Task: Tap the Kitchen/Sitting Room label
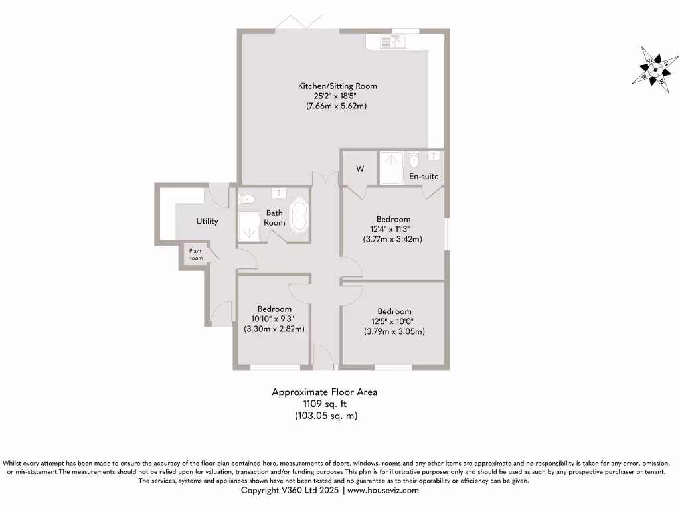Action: pos(337,86)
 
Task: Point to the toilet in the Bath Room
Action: pos(246,198)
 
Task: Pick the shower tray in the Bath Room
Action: pos(250,228)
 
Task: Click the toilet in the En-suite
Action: pos(415,160)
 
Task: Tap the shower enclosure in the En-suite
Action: pos(391,167)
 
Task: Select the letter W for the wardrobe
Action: pos(359,169)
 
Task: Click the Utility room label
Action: pos(207,221)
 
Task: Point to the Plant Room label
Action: pos(195,254)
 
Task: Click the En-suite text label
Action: pos(423,177)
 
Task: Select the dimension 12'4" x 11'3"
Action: pos(393,229)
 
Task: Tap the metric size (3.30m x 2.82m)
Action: pos(274,329)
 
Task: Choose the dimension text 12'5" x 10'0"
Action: pos(394,321)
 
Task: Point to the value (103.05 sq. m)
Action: pos(325,416)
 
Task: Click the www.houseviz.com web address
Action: pos(382,490)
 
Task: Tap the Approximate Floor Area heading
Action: pos(324,392)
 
